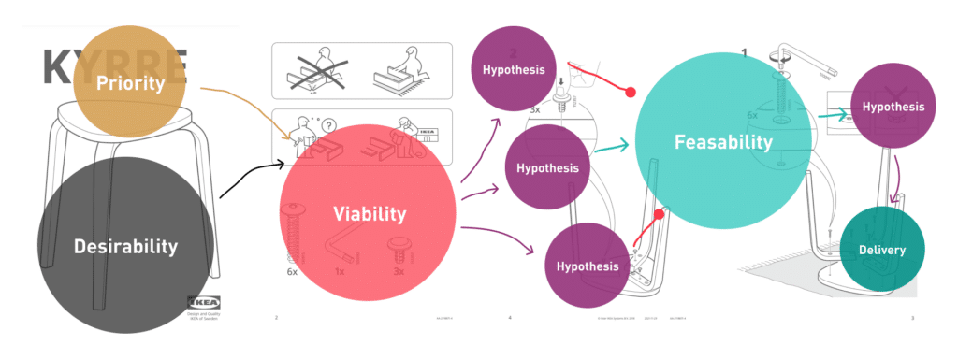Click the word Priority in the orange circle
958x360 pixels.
pos(130,83)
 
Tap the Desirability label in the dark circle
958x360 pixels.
pos(125,247)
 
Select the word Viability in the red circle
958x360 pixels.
pos(370,214)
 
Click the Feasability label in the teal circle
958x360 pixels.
pos(723,142)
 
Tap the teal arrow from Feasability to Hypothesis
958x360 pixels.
pos(831,116)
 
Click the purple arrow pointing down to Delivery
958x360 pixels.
pos(898,182)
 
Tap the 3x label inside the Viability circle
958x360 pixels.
pos(399,271)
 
